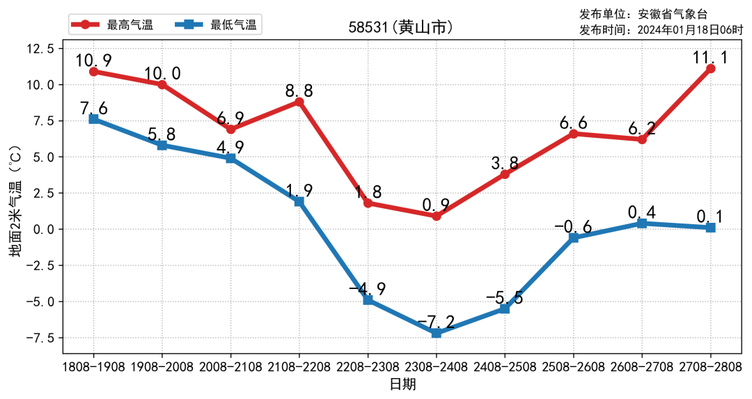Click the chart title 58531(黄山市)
pos(401,28)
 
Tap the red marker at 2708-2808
pos(710,68)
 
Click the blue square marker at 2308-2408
pos(437,333)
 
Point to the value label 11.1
pos(710,57)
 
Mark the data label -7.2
pos(437,322)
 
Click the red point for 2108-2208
pos(299,102)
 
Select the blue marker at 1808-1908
pos(93,119)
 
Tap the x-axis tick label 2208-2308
pos(368,366)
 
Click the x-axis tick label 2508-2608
pos(574,366)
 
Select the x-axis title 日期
pos(402,384)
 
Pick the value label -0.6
pos(573,227)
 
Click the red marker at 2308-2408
pos(437,216)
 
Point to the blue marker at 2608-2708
pos(642,223)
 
